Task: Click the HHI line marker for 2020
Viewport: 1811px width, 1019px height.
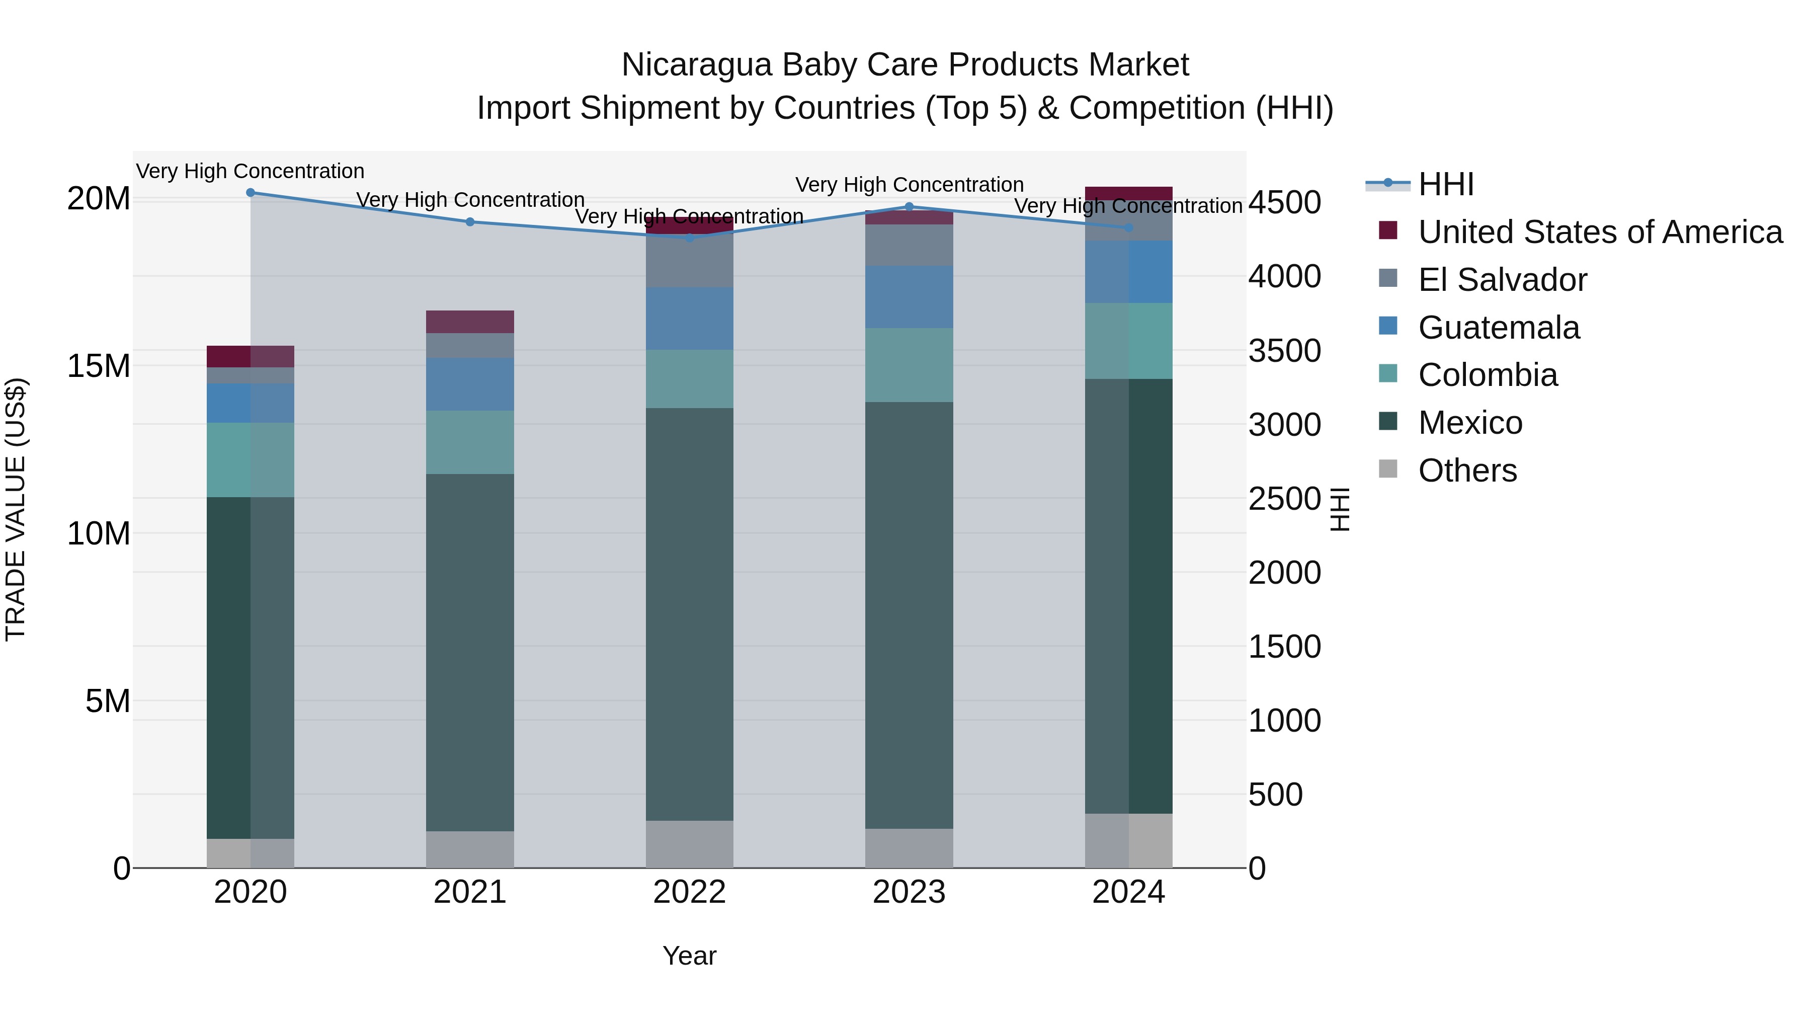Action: click(251, 193)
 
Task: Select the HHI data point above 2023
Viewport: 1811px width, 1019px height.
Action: click(909, 207)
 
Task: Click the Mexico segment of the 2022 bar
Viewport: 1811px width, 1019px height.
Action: click(689, 613)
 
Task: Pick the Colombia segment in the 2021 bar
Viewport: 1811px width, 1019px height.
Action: click(470, 442)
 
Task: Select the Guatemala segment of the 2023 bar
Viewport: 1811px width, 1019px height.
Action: click(909, 297)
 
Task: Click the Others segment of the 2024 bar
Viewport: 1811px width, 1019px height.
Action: click(1128, 840)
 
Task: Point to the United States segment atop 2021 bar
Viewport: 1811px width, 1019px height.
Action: click(470, 322)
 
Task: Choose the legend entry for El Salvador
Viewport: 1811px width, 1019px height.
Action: click(1502, 280)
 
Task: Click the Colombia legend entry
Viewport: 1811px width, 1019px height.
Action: click(1487, 375)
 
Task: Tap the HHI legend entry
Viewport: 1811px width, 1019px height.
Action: click(1445, 184)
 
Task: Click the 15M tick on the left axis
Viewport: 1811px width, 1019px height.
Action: click(99, 366)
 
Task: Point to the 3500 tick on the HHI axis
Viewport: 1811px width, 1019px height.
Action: click(1284, 351)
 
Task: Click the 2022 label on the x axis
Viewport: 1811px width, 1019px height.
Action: click(689, 892)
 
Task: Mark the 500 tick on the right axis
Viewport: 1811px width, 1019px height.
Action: click(1275, 795)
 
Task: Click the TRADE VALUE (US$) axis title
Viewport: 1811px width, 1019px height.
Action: click(16, 509)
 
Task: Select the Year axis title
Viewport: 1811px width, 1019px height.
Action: click(689, 956)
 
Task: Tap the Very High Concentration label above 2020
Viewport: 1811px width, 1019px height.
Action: click(251, 172)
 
